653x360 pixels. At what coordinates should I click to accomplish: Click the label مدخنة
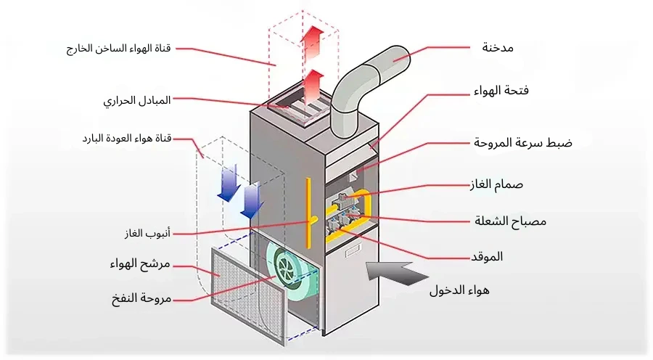[498, 48]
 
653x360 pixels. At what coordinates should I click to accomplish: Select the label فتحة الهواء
[506, 91]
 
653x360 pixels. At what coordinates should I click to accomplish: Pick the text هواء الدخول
[459, 291]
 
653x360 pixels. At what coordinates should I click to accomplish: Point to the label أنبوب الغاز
[147, 234]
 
